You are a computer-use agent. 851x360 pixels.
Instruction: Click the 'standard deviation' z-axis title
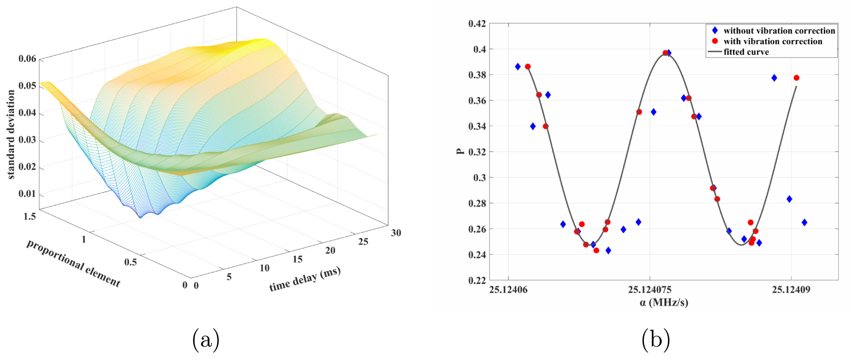[x=11, y=134]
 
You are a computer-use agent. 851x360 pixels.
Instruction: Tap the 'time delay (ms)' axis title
[x=305, y=279]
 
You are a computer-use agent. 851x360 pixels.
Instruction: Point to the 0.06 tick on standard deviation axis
[x=27, y=58]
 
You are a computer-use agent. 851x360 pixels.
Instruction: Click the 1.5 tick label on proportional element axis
[x=29, y=216]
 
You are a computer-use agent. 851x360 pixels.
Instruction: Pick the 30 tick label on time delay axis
[x=396, y=233]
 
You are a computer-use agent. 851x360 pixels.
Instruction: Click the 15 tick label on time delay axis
[x=298, y=259]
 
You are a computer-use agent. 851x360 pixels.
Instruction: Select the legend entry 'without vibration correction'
[x=779, y=31]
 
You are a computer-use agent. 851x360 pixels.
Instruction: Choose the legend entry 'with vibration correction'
[x=772, y=41]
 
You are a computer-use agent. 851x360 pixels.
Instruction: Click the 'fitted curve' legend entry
[x=746, y=52]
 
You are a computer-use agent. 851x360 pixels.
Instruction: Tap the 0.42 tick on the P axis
[x=477, y=23]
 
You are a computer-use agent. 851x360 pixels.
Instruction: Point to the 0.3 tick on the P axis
[x=480, y=177]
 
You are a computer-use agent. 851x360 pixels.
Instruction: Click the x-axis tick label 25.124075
[x=650, y=290]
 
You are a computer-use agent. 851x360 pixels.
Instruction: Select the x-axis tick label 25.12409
[x=791, y=290]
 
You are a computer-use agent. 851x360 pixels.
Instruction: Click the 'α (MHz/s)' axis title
[x=664, y=303]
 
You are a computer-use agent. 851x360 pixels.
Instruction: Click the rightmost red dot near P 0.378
[x=796, y=78]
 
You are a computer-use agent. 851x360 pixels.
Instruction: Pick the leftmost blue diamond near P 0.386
[x=518, y=67]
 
